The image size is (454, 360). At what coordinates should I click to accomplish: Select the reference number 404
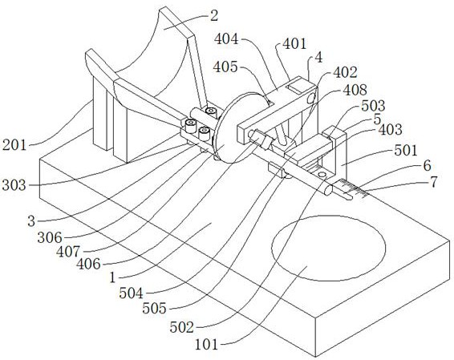point(230,39)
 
